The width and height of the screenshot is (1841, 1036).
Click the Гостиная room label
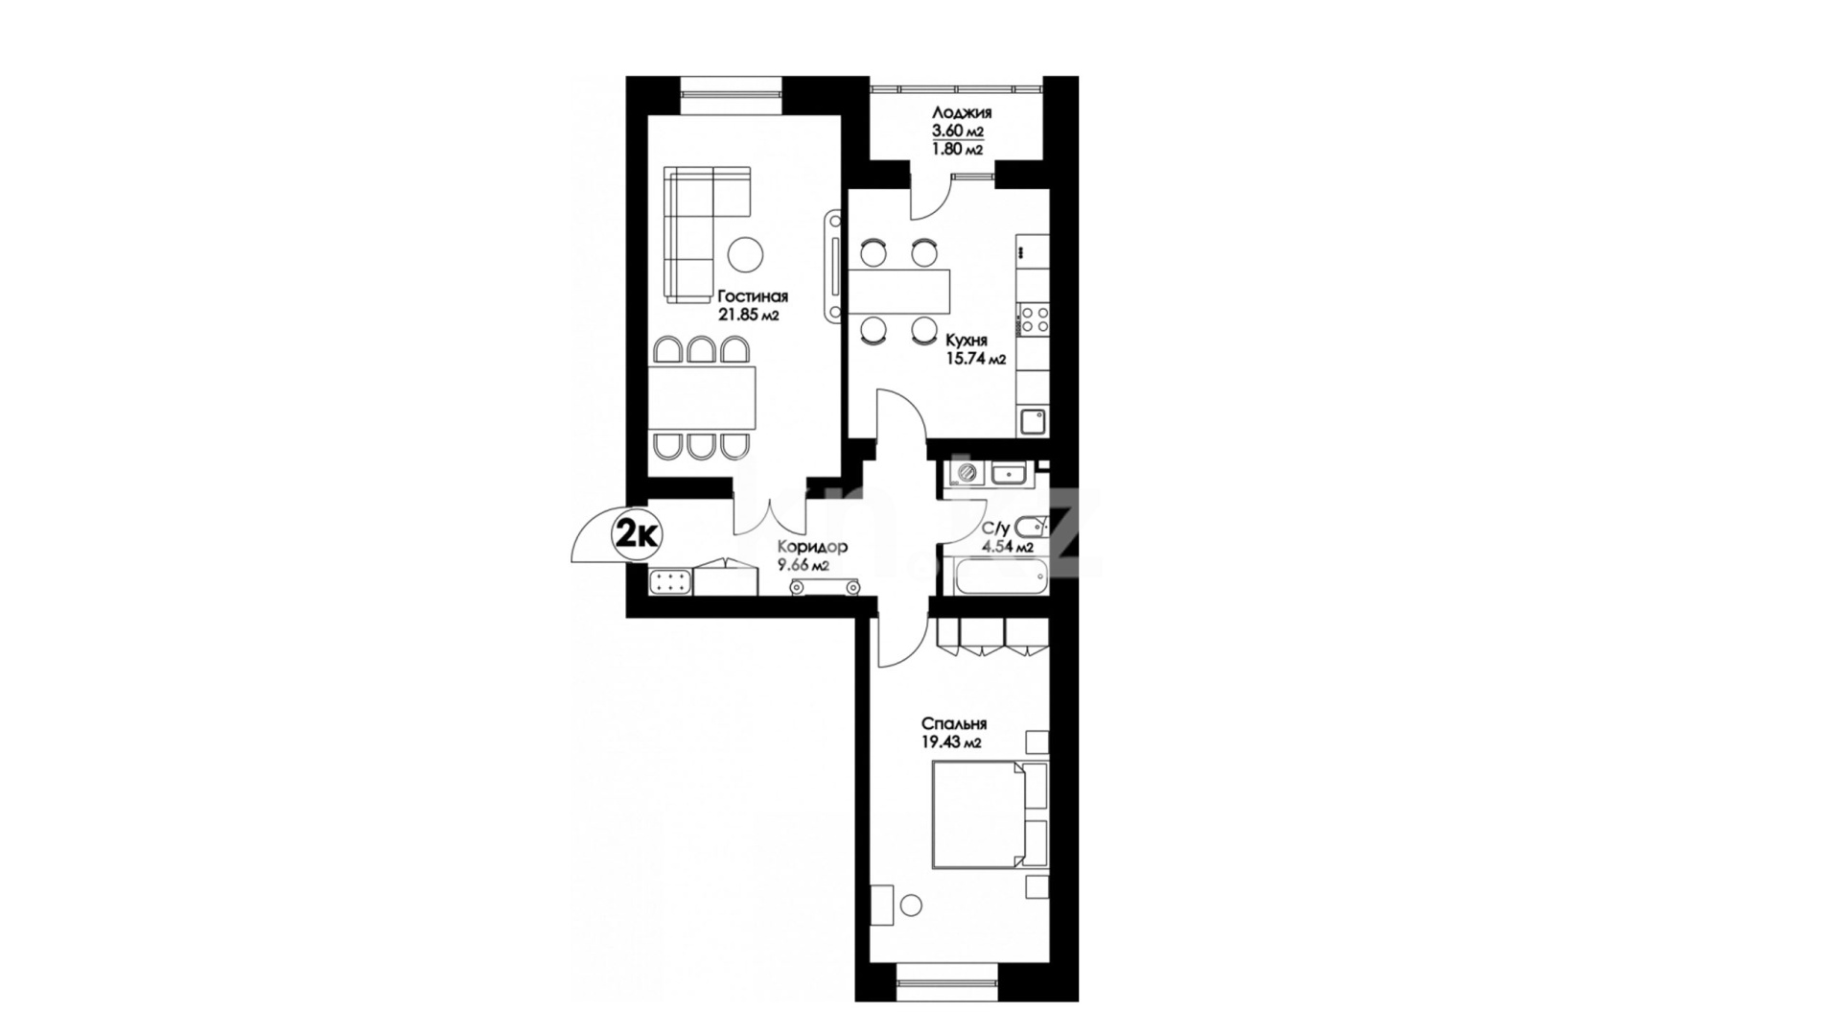tap(753, 295)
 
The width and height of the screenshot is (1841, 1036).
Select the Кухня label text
tap(966, 341)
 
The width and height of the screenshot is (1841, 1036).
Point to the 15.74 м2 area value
tap(975, 360)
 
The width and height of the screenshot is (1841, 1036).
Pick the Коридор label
tap(813, 547)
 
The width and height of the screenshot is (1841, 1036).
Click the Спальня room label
tap(954, 724)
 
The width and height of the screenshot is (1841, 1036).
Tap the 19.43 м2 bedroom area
tap(952, 742)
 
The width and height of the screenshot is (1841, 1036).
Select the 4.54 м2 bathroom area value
tap(1007, 548)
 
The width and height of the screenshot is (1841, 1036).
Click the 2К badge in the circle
tap(637, 534)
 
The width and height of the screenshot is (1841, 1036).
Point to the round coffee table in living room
tap(745, 255)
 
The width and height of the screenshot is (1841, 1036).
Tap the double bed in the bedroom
tap(990, 816)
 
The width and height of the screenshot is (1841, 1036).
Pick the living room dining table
tap(702, 398)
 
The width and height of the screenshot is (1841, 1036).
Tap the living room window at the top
tap(732, 94)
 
